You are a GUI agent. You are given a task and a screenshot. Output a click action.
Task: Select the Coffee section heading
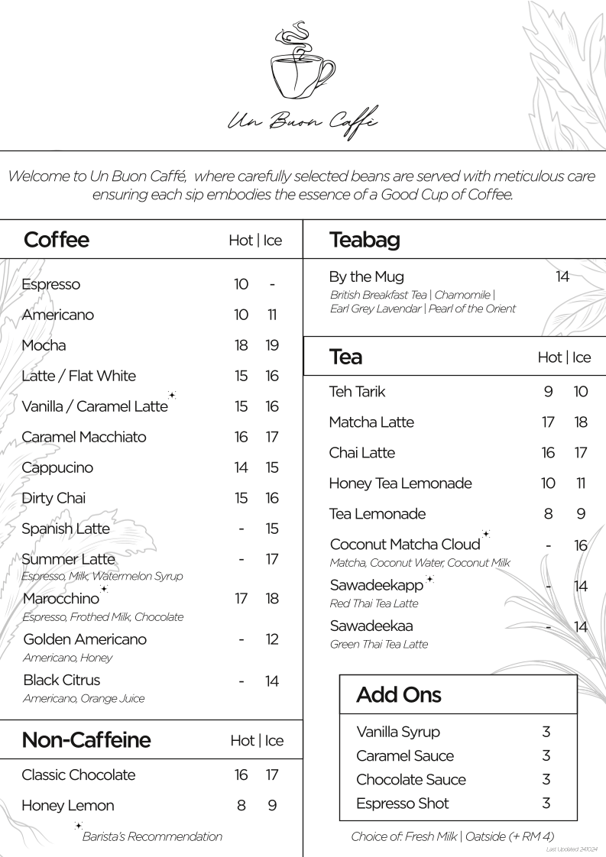pos(57,240)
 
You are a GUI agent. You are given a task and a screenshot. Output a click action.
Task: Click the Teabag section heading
pos(365,240)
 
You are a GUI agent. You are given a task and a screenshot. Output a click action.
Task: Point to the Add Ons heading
pos(399,695)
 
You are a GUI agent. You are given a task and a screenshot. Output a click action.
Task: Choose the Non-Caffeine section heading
pos(86,739)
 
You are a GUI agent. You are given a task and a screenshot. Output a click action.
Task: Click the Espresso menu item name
pos(51,284)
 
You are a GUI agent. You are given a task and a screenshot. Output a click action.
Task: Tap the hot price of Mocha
pos(241,345)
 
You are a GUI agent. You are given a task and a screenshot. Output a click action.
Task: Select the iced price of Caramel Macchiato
pos(272,437)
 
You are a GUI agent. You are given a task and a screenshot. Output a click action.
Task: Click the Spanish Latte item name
pos(66,529)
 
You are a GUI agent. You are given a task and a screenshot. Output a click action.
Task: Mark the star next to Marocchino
pos(104,589)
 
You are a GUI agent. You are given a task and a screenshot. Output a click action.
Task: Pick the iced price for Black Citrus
pos(272,681)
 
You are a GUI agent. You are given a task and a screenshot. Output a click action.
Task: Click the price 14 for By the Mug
pos(562,277)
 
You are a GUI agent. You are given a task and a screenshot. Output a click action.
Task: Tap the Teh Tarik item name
pos(357,392)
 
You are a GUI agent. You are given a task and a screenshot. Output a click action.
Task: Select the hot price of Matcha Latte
pos(548,422)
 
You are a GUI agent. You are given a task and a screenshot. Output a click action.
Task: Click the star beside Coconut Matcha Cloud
pos(486,535)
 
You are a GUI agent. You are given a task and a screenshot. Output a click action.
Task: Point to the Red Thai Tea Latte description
pos(374,603)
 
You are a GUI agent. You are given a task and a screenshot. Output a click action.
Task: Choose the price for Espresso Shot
pos(546,803)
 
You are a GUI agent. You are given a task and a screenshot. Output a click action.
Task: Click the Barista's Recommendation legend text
pos(152,836)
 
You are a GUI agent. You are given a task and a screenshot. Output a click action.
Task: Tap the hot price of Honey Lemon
pos(241,805)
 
